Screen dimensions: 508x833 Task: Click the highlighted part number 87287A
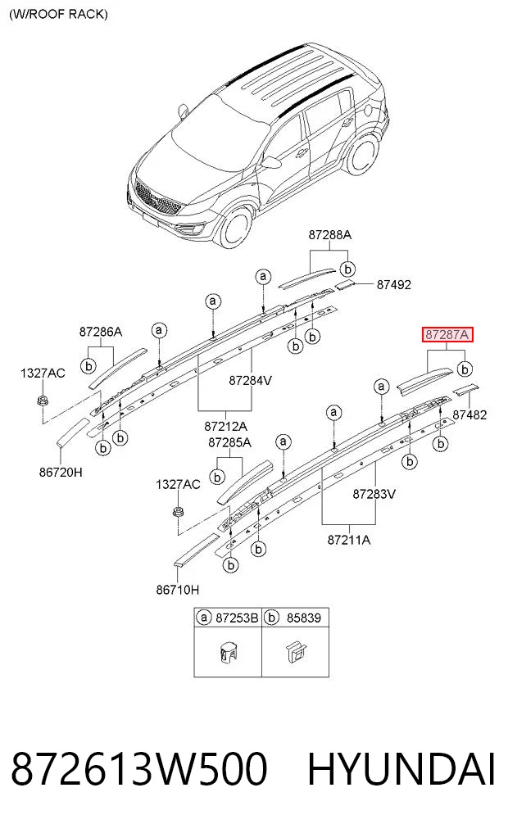coord(447,335)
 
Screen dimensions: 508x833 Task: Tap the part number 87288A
coord(329,235)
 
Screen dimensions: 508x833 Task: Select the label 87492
coord(394,285)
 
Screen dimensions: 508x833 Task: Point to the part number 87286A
coord(101,332)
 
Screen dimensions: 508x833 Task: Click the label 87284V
coord(250,380)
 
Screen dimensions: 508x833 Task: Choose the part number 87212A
coord(225,426)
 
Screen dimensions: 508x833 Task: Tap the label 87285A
coord(229,442)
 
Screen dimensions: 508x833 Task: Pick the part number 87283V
coord(374,494)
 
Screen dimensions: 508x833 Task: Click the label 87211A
coord(348,540)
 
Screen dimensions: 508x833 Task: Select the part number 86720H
coord(61,472)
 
